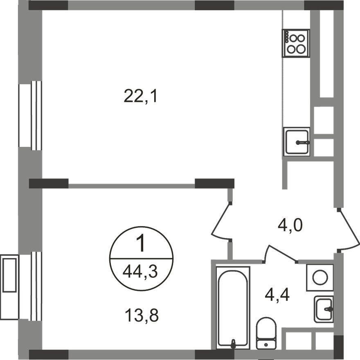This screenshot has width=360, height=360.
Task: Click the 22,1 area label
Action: (140, 96)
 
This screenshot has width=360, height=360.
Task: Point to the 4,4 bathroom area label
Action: (277, 295)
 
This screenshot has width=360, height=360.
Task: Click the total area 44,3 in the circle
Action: (140, 272)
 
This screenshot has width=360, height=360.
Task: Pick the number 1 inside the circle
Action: (141, 243)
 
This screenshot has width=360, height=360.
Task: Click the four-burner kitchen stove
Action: (296, 43)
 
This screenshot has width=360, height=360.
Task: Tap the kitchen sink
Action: (297, 142)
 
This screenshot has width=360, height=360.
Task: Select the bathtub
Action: (233, 307)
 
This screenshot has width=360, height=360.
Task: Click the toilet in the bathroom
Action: (266, 333)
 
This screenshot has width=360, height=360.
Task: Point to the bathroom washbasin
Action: (324, 309)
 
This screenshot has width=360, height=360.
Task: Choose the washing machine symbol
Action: (320, 278)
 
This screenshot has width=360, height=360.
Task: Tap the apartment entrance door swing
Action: (349, 229)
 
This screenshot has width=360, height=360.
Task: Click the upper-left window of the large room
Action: (30, 115)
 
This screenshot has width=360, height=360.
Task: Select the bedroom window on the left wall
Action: (30, 286)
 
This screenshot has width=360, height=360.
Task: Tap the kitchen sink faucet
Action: (303, 143)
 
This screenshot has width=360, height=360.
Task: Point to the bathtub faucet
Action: (233, 344)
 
